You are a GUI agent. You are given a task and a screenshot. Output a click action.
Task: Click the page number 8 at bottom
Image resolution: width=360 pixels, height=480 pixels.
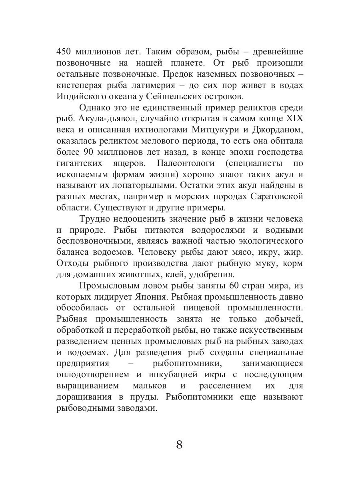[179, 444]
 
